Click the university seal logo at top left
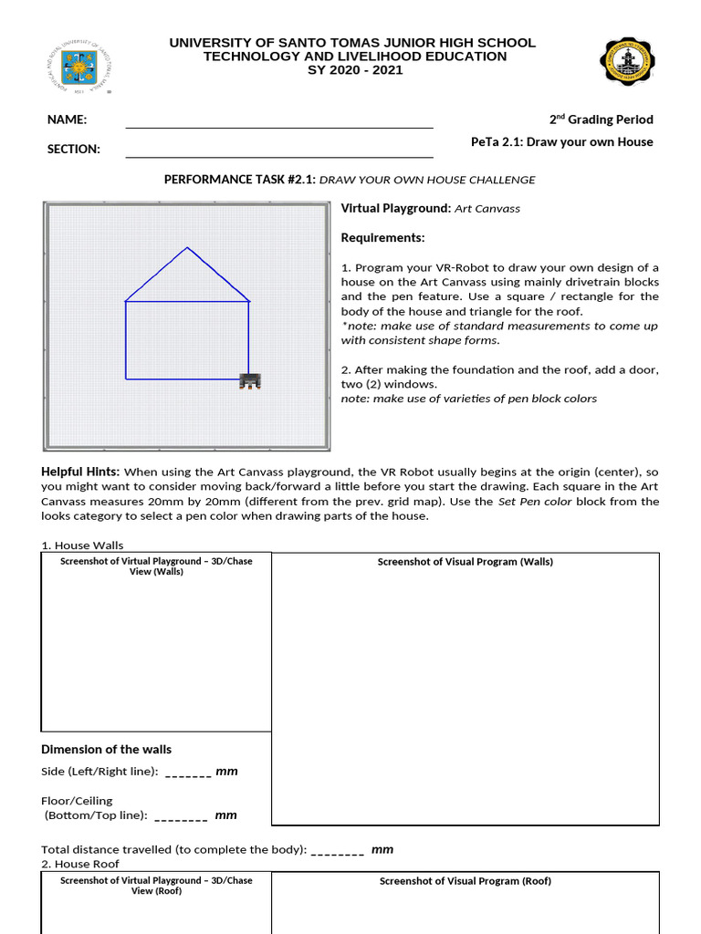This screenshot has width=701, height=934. tap(78, 69)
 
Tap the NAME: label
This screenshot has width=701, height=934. tap(68, 119)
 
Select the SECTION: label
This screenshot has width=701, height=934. tap(74, 149)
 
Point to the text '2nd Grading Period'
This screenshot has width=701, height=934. tap(601, 119)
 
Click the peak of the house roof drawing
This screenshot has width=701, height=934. tap(187, 247)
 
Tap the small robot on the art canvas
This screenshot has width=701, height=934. tap(249, 380)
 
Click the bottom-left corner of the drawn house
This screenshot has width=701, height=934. tap(126, 379)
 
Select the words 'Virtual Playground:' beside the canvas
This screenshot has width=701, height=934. tap(395, 208)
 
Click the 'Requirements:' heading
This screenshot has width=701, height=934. tap(382, 238)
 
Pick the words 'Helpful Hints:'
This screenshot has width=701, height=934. tap(80, 472)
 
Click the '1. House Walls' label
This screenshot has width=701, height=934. tap(82, 545)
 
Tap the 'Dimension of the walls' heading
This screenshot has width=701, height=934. tap(106, 750)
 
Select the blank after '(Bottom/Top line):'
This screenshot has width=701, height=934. tap(181, 816)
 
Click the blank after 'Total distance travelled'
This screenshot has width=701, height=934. tap(337, 851)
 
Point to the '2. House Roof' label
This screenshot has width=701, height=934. tap(80, 864)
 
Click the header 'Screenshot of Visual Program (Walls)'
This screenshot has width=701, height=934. tap(465, 562)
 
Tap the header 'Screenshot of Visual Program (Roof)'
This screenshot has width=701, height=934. tap(465, 881)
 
